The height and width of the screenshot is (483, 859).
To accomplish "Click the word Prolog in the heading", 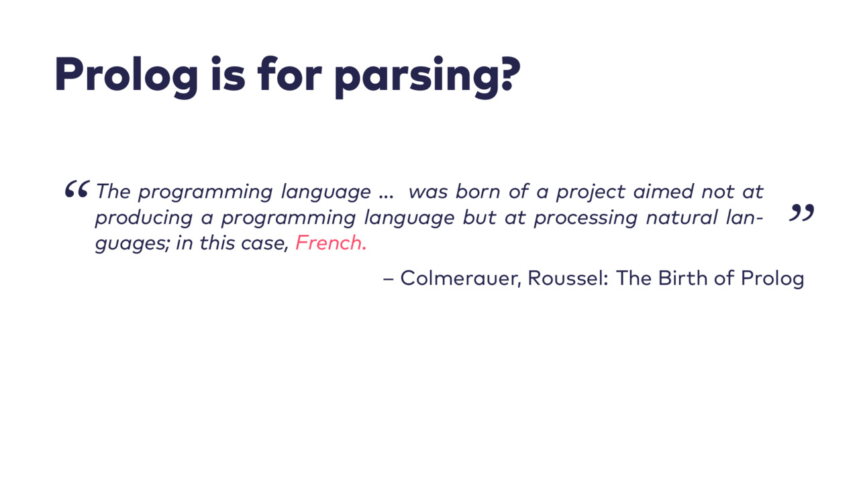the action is [126, 76].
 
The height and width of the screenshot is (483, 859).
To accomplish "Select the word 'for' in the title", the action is [289, 74].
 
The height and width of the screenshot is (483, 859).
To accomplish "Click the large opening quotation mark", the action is [77, 189].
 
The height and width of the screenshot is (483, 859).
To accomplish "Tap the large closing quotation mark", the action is [801, 213].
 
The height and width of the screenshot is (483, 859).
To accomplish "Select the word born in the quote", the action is [478, 191].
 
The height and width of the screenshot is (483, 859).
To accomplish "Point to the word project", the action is [591, 192].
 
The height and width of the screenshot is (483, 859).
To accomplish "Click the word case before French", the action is [264, 244].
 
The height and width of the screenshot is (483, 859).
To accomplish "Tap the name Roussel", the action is [568, 278].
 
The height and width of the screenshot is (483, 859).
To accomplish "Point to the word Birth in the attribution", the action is [683, 278].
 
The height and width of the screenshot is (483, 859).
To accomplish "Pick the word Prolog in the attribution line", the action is [772, 278].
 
